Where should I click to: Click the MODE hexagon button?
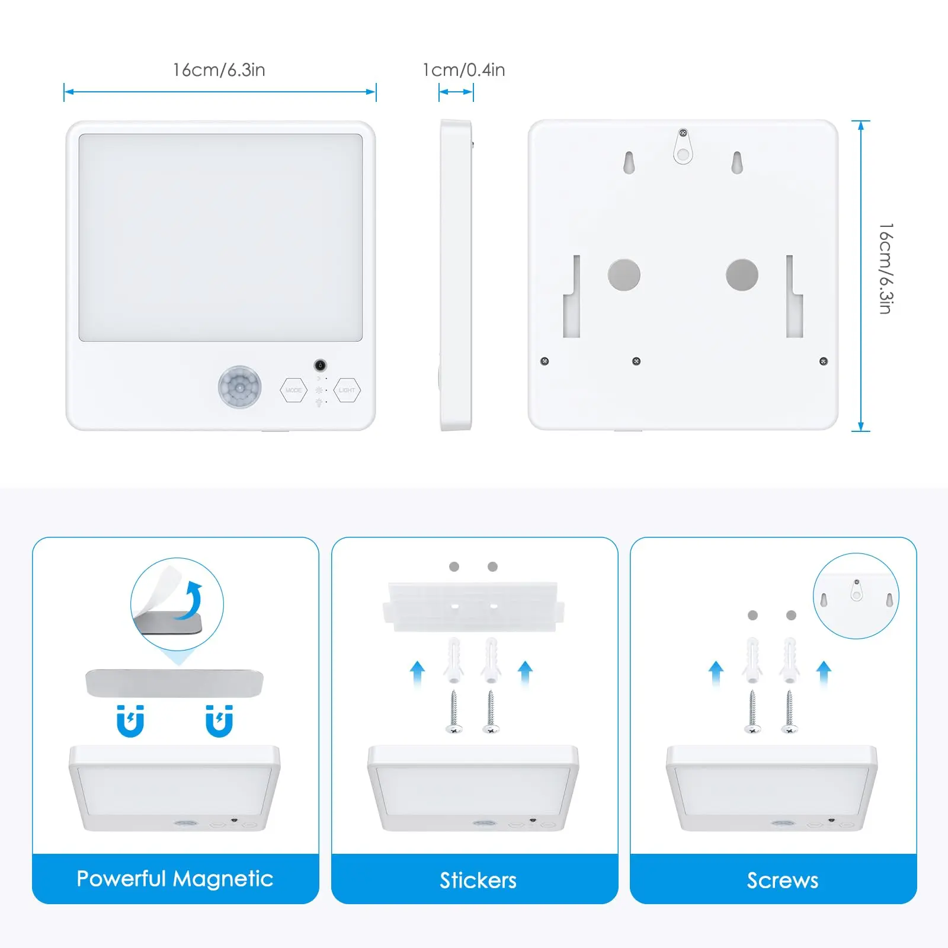click(293, 390)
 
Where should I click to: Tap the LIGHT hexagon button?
click(347, 390)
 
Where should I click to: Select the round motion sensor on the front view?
click(239, 387)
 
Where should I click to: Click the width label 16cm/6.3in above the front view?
click(219, 70)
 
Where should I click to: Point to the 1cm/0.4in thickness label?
click(464, 70)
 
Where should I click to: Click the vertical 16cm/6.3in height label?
click(886, 268)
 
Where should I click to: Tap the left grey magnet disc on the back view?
click(624, 274)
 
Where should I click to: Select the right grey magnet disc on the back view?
click(742, 274)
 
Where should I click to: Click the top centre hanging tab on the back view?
click(683, 146)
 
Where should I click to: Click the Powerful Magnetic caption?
click(175, 879)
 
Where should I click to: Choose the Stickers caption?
click(478, 880)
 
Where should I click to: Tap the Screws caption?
click(782, 880)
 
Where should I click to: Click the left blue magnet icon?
click(130, 721)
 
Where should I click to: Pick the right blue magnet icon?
click(219, 721)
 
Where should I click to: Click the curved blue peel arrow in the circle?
click(191, 600)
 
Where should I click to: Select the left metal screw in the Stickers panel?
click(454, 712)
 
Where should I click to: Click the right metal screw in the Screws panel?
click(789, 712)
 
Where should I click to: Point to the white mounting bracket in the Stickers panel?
click(473, 606)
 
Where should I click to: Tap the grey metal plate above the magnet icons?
click(174, 683)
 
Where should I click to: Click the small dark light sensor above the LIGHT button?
click(320, 365)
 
